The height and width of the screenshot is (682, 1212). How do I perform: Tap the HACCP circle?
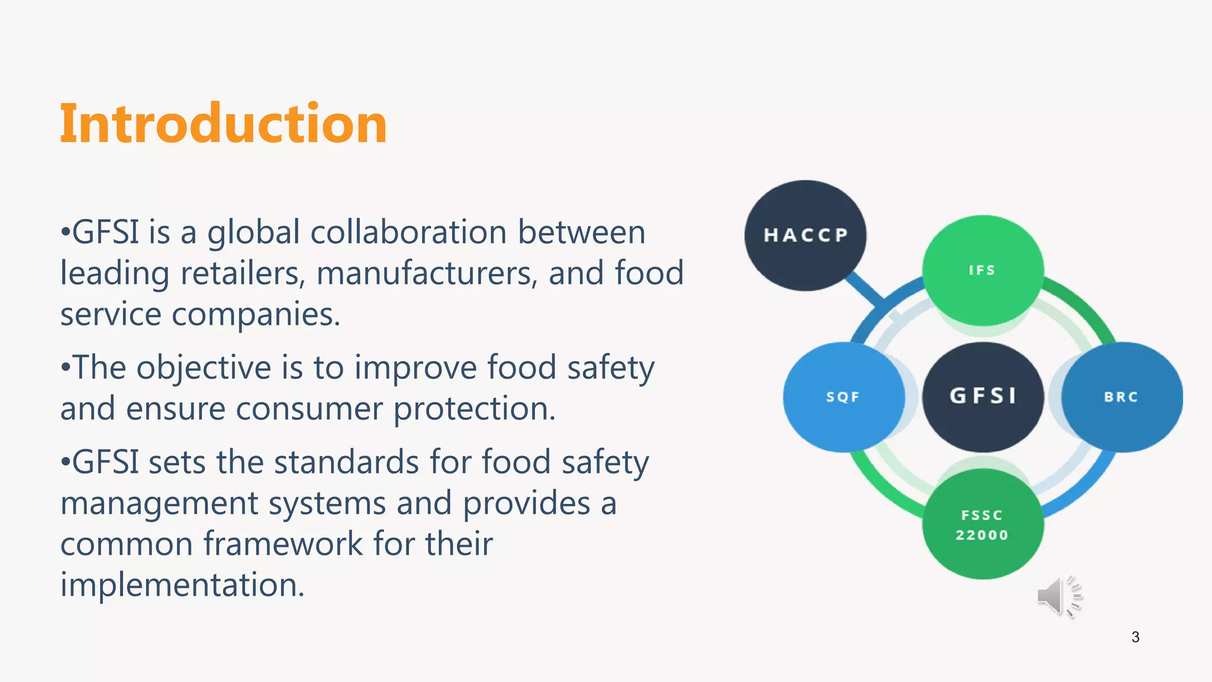(x=805, y=235)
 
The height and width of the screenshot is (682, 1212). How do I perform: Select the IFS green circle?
(x=982, y=270)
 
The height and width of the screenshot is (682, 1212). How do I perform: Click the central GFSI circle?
(x=982, y=396)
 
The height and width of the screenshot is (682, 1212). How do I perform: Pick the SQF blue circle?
(x=843, y=397)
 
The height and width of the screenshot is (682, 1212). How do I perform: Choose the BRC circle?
(x=1121, y=397)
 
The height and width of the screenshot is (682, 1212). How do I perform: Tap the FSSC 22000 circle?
(x=982, y=525)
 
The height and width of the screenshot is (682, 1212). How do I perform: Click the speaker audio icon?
(x=1059, y=596)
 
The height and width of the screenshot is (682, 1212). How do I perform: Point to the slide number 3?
(x=1135, y=637)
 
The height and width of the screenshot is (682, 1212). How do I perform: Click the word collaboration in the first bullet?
(x=408, y=231)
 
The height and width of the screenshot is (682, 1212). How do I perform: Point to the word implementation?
(x=182, y=585)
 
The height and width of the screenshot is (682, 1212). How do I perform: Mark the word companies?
(x=256, y=315)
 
